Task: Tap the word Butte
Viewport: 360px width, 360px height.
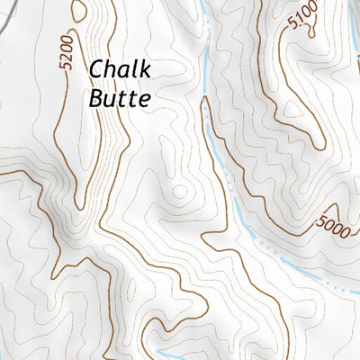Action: pos(118,99)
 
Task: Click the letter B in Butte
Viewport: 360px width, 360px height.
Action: pos(96,99)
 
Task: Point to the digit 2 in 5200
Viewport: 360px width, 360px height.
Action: pos(64,60)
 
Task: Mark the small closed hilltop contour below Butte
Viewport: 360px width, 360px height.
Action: pos(181,193)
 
